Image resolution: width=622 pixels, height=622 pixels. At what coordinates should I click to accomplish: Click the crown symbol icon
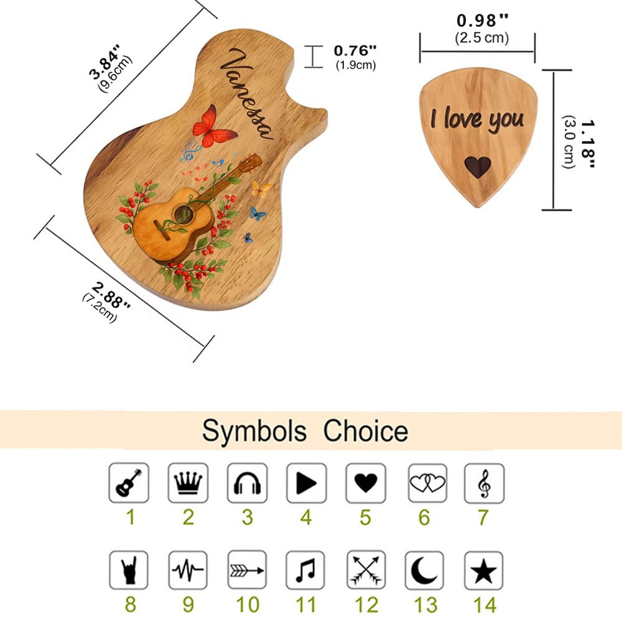click(x=188, y=483)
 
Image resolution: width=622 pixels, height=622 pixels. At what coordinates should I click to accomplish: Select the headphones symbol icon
click(x=247, y=483)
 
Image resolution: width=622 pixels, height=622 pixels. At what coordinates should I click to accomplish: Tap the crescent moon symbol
click(x=424, y=570)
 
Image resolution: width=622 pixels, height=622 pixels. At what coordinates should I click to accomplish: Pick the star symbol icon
click(x=483, y=570)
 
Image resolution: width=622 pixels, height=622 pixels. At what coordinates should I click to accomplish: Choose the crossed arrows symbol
click(x=366, y=570)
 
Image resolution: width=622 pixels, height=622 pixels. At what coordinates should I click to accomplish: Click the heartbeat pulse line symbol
click(x=188, y=570)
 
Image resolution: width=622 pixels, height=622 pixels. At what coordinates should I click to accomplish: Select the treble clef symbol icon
click(x=484, y=483)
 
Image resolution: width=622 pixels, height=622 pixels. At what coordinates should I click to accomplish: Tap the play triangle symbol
click(x=306, y=483)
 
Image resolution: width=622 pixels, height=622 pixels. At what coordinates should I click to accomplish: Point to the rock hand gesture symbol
click(x=129, y=570)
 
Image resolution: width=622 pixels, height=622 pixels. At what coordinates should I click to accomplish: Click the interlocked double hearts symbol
click(x=427, y=483)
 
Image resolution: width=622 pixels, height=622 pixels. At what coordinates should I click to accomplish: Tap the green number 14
click(x=485, y=605)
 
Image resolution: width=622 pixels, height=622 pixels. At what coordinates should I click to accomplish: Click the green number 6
click(x=424, y=518)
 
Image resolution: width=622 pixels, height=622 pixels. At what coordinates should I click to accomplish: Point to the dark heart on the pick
click(x=478, y=167)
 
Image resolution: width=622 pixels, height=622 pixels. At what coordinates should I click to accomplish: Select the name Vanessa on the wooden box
click(x=246, y=94)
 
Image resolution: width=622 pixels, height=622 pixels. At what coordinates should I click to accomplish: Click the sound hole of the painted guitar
click(x=183, y=215)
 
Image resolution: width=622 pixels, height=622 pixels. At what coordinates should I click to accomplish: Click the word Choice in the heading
click(x=366, y=431)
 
